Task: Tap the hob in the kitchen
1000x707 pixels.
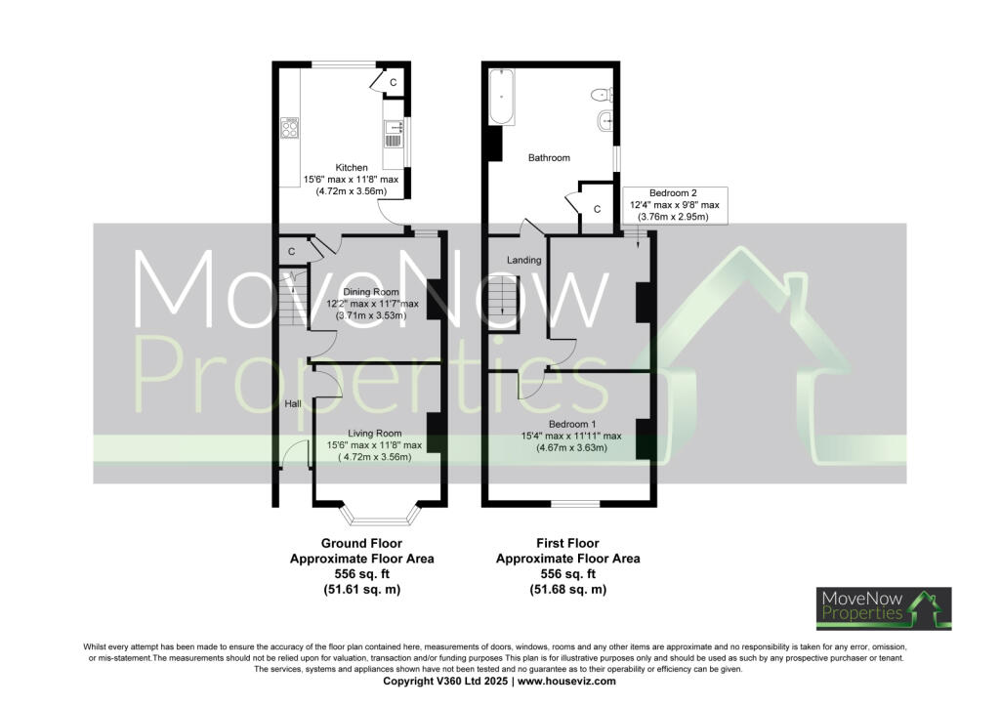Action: click(x=290, y=128)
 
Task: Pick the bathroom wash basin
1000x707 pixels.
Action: click(x=605, y=123)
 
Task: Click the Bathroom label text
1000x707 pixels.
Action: click(x=549, y=157)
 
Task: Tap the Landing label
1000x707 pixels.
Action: click(x=523, y=260)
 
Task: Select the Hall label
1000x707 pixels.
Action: click(x=292, y=403)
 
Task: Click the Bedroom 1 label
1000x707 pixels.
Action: click(x=571, y=423)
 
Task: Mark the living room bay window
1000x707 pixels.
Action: click(x=377, y=514)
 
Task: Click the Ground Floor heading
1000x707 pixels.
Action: click(x=361, y=543)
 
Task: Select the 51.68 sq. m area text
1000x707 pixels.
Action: click(x=567, y=590)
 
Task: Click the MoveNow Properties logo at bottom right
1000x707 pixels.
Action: click(x=884, y=607)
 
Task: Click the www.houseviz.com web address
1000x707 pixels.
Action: click(x=566, y=682)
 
